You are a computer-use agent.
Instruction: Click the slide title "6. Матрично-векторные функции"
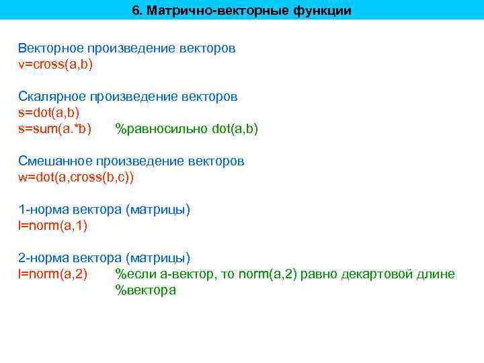[241, 11]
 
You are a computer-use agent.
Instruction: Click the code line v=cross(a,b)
[56, 65]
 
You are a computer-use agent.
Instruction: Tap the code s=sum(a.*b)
[55, 128]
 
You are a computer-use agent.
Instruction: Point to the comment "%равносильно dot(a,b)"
[187, 128]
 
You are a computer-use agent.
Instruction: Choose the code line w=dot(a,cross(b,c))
[76, 177]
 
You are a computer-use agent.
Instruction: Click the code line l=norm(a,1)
[52, 225]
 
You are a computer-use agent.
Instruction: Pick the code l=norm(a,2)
[52, 274]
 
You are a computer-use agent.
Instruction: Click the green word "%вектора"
[145, 290]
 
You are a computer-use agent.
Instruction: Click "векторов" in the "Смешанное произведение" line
[216, 161]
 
